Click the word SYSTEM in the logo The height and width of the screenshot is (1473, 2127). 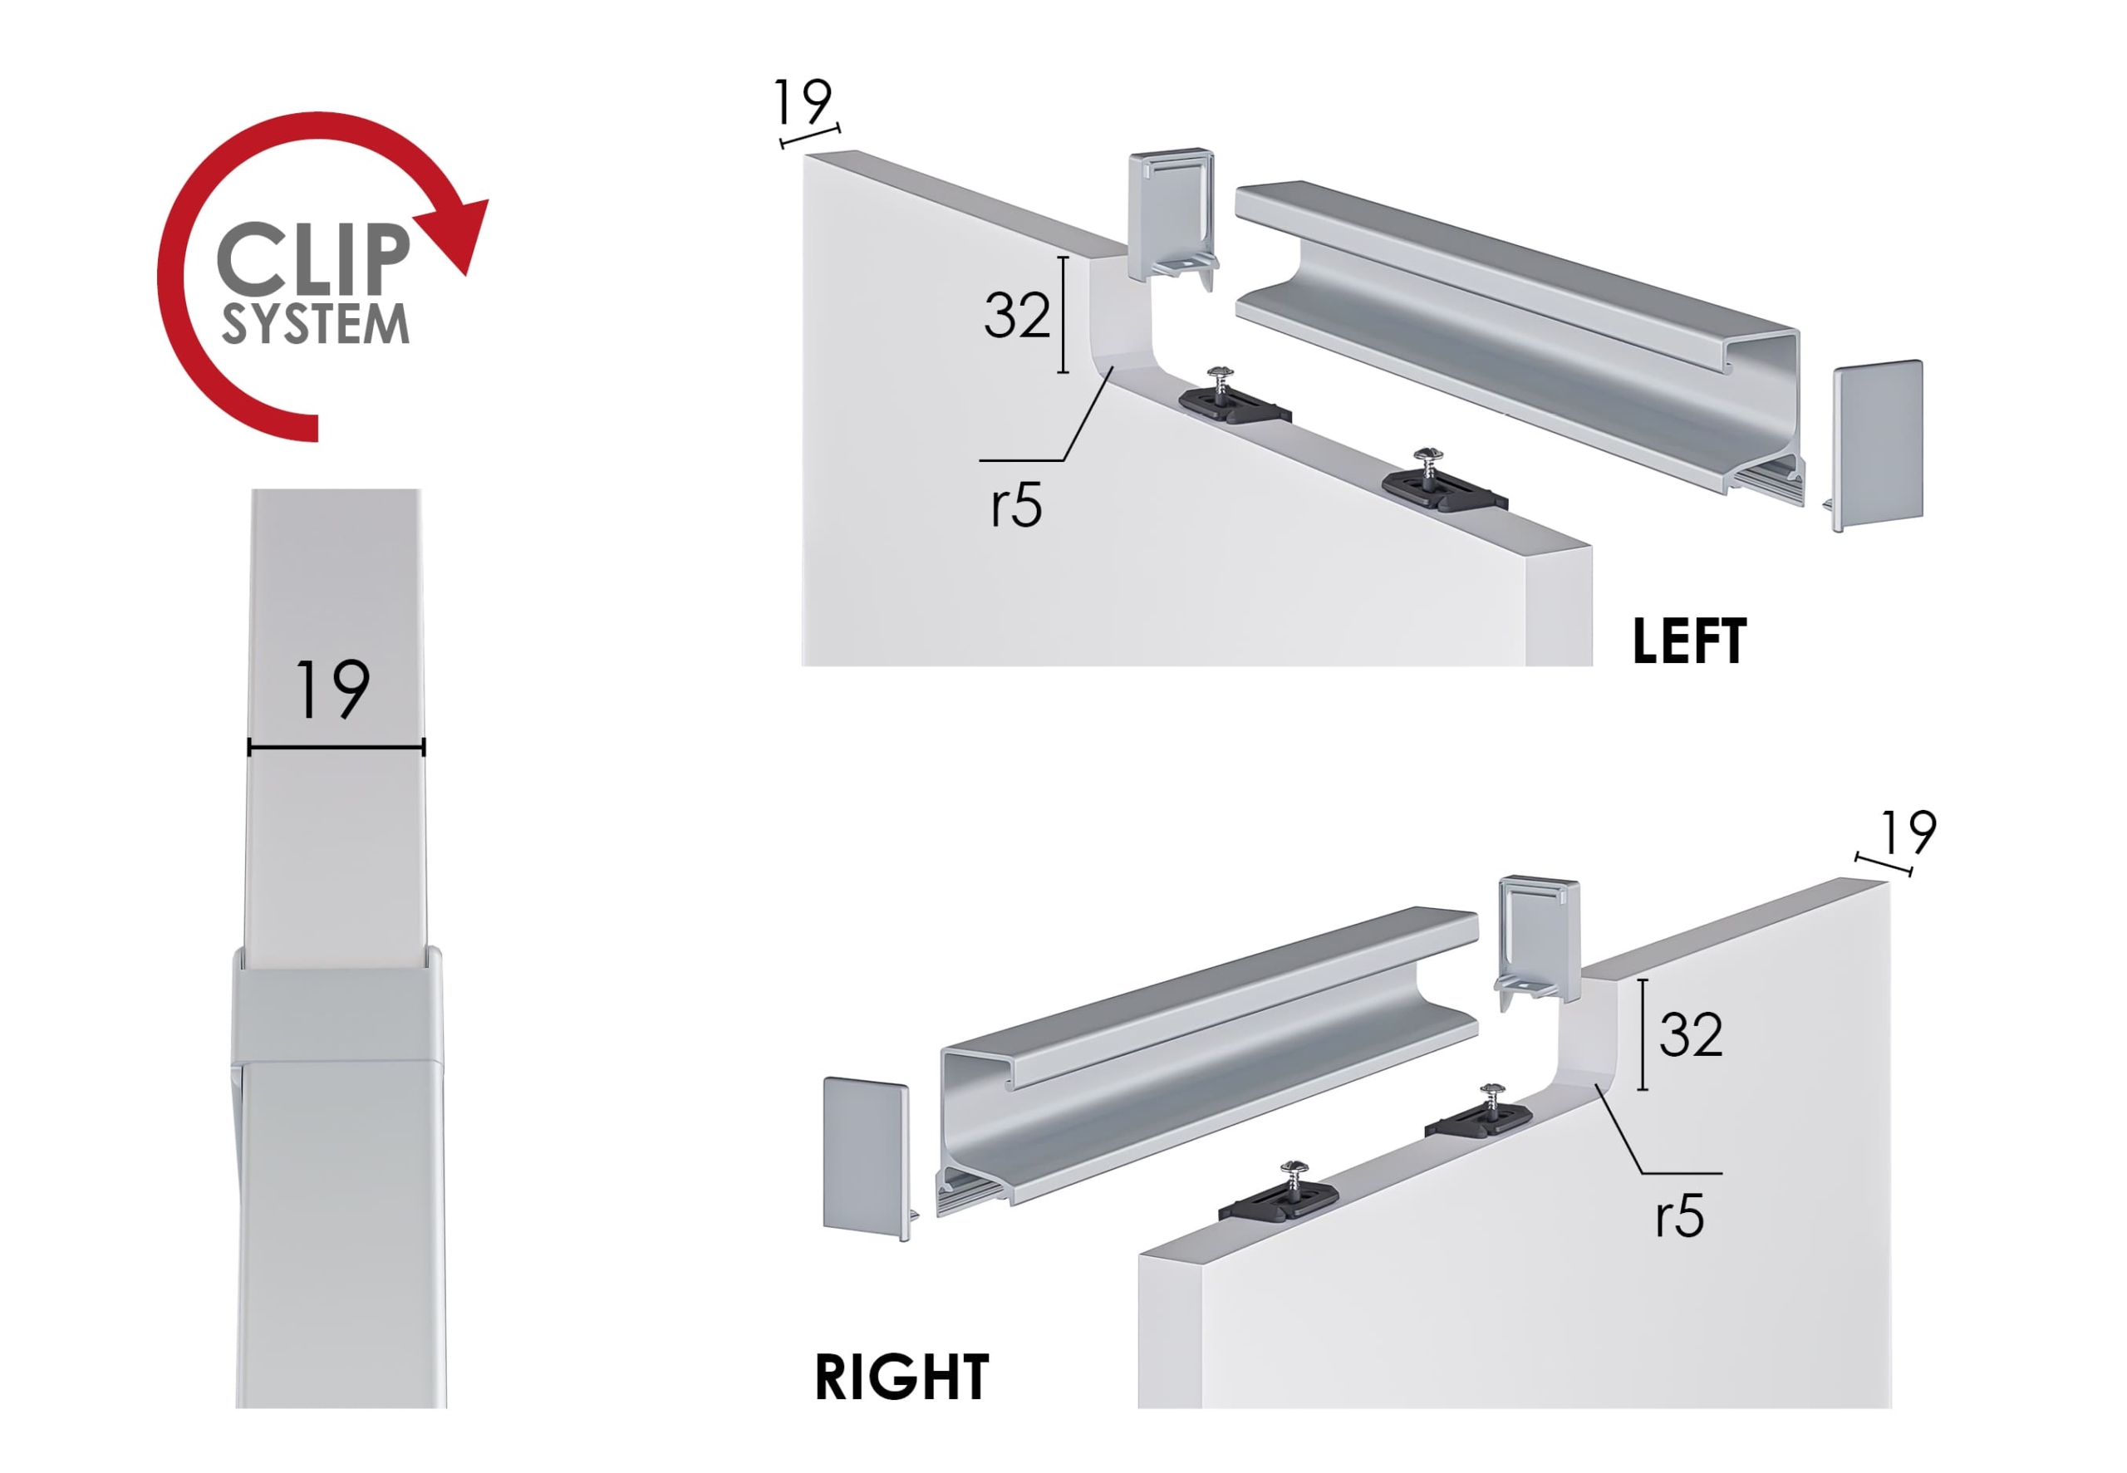(315, 324)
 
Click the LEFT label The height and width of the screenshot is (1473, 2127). (1688, 641)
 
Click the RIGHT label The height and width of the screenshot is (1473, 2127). (901, 1379)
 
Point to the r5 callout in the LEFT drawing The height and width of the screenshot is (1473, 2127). (1016, 506)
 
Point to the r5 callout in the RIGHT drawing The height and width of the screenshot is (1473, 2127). (1679, 1216)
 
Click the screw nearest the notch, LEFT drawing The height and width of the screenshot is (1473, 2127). (1221, 382)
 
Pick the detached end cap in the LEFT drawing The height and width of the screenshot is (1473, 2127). (1876, 444)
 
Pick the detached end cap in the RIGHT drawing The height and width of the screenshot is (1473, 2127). (867, 1158)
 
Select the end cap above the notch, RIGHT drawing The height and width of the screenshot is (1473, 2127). (1537, 942)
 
